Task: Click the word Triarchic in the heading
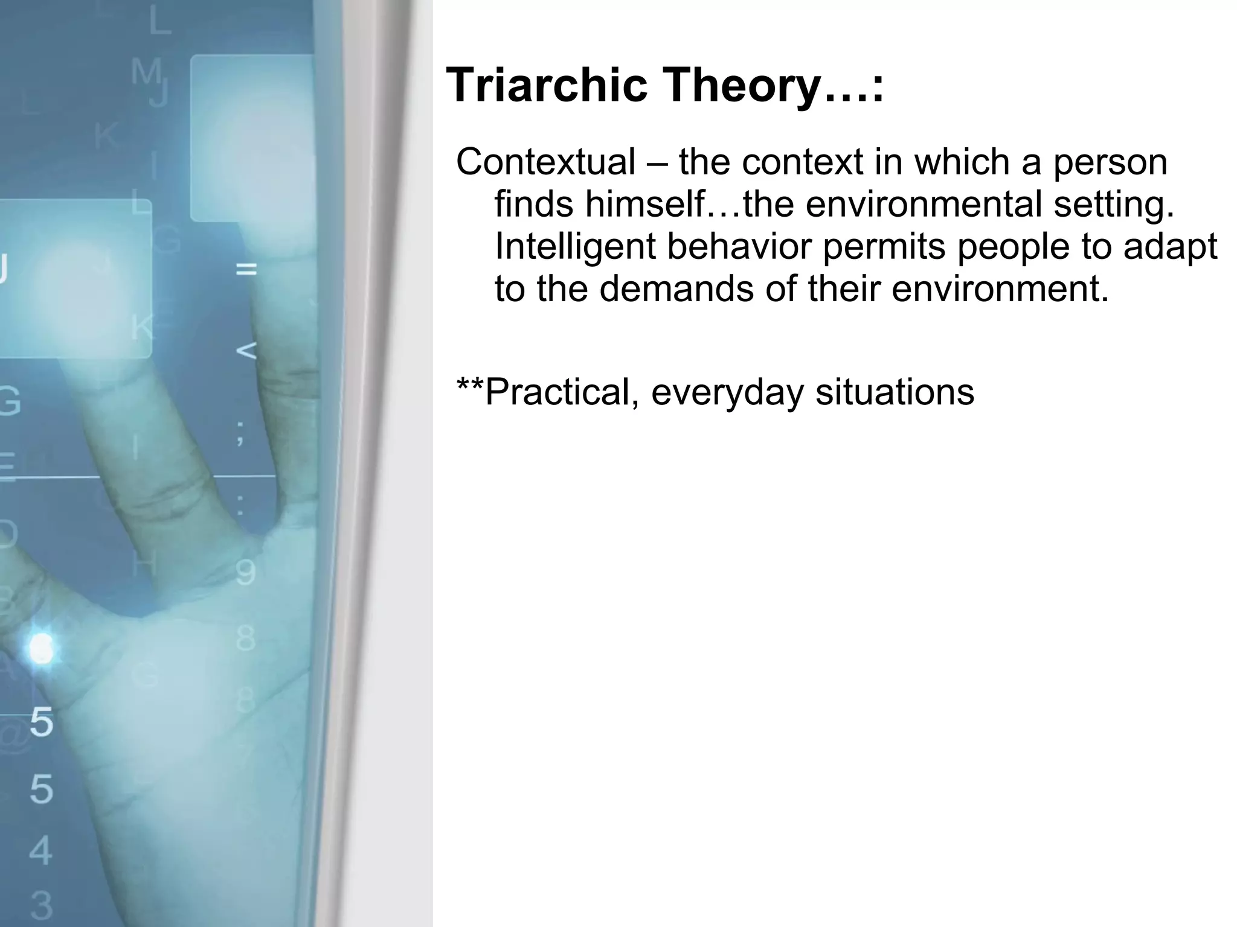click(547, 85)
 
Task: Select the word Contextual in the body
click(545, 162)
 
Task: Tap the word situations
click(895, 392)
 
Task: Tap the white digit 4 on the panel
click(40, 850)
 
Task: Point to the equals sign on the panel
click(246, 269)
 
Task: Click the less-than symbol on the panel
click(246, 351)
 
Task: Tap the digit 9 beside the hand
click(245, 573)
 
